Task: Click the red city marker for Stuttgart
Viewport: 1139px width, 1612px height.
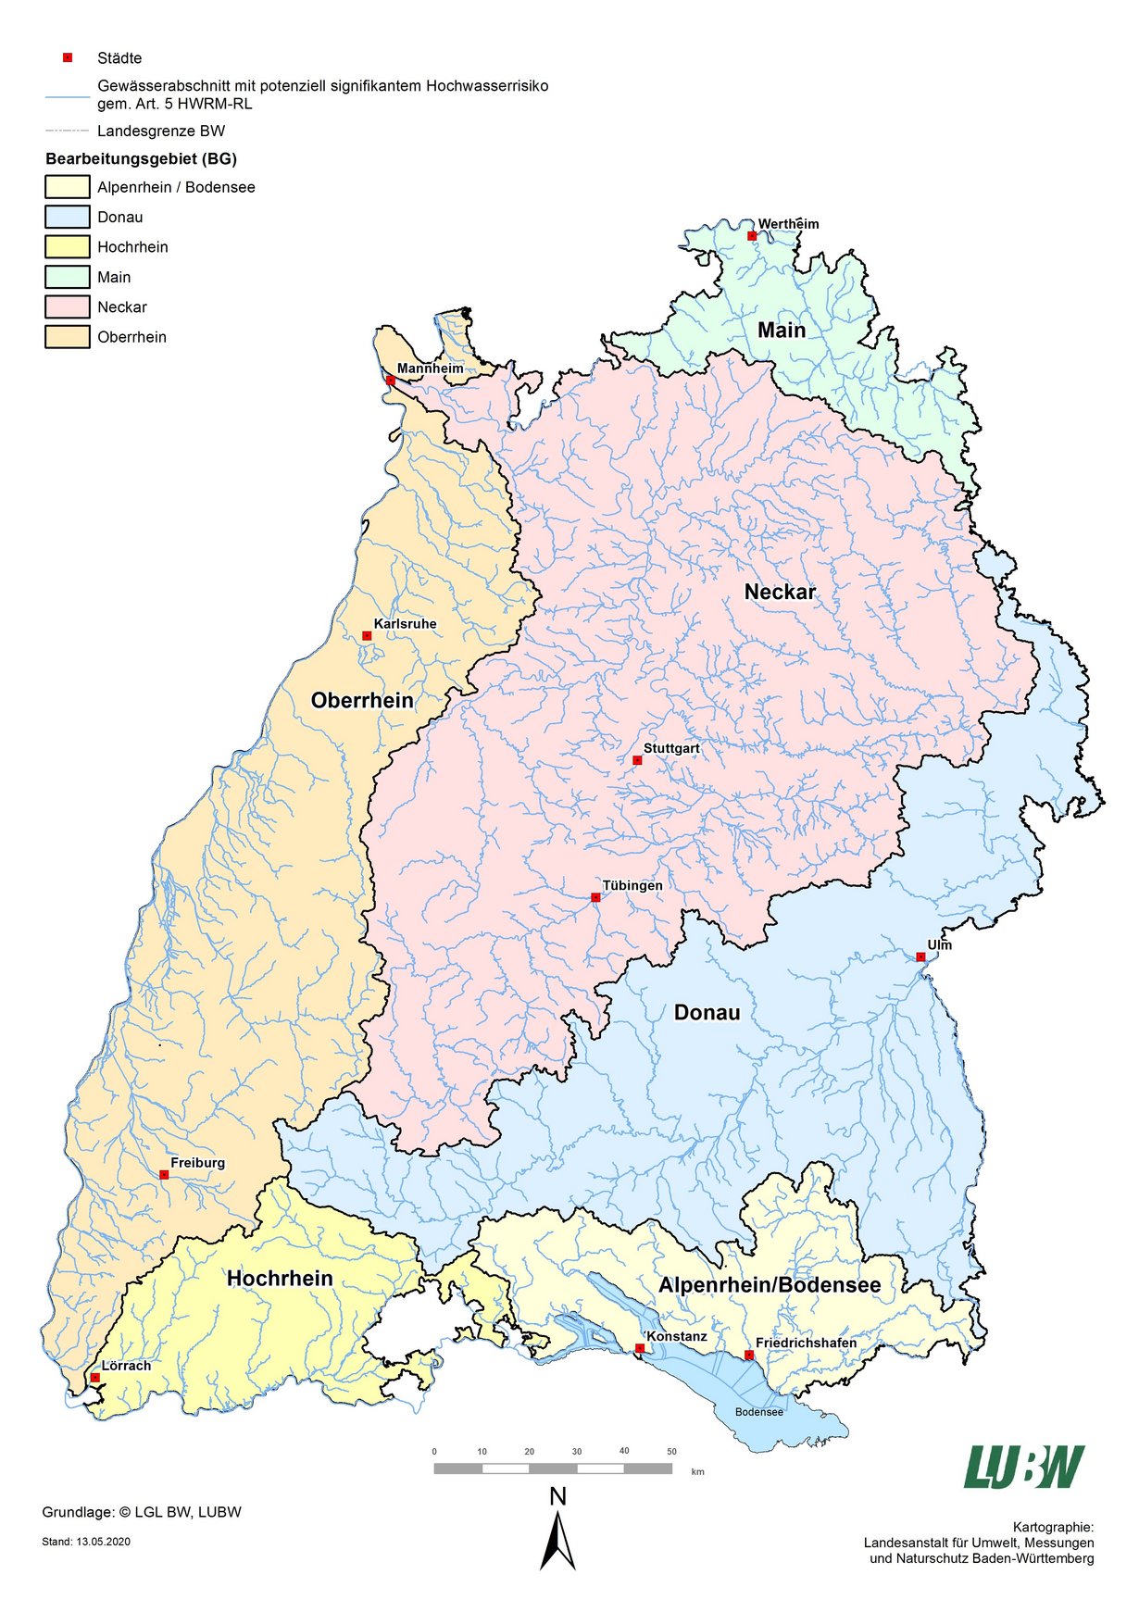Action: (637, 760)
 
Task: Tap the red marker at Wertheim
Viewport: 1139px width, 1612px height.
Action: (752, 236)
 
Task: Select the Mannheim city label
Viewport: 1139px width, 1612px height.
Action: (430, 369)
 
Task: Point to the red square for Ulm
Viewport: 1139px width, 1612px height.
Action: (920, 956)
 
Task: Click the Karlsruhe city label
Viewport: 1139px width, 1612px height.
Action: (405, 624)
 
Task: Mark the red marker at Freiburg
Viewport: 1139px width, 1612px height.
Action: (164, 1175)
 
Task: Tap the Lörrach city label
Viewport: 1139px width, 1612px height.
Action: (126, 1366)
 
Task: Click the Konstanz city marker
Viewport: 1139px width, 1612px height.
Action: (639, 1348)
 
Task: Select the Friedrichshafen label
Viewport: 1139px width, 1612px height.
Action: (806, 1343)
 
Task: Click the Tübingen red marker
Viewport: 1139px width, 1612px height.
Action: (595, 897)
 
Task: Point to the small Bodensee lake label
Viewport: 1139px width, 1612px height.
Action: (759, 1412)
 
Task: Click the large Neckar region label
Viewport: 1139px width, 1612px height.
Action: (780, 592)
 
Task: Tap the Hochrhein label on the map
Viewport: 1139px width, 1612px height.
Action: (280, 1279)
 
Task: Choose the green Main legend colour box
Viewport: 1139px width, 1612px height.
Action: (68, 277)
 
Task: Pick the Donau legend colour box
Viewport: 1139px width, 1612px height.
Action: (68, 217)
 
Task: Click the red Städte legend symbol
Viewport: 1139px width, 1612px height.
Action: (68, 57)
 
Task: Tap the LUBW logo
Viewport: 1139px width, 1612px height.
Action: (1023, 1467)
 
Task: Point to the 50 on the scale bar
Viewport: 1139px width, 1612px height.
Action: (671, 1452)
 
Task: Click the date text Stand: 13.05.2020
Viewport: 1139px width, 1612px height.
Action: (87, 1542)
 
